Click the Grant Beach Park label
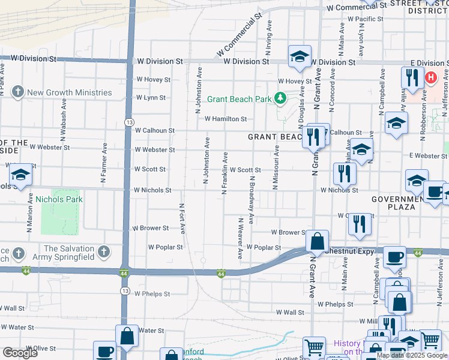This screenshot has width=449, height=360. tap(240, 99)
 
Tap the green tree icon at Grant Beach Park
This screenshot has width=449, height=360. tap(279, 97)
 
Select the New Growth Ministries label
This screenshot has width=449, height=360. tap(70, 92)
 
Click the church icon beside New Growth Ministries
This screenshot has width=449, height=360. tap(19, 92)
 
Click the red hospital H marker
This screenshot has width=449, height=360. tap(430, 77)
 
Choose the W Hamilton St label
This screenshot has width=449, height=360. tap(226, 119)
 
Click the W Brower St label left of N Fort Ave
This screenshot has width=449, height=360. tap(150, 228)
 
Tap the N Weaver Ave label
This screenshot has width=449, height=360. tap(240, 238)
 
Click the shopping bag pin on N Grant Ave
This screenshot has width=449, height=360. tap(317, 241)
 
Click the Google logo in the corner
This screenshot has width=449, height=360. tap(20, 353)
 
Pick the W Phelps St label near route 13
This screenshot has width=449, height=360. tap(152, 294)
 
